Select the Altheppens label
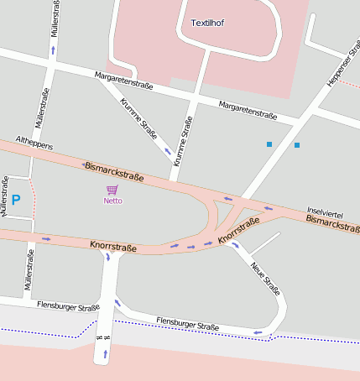click(34, 145)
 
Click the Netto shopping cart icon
click(112, 190)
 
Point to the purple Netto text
click(112, 201)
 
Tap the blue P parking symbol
click(15, 201)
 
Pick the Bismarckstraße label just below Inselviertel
click(332, 222)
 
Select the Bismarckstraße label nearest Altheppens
click(114, 172)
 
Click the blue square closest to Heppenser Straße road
click(296, 145)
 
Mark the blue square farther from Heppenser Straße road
click(269, 144)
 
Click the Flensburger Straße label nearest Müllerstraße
click(68, 306)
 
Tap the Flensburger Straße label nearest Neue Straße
click(187, 325)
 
